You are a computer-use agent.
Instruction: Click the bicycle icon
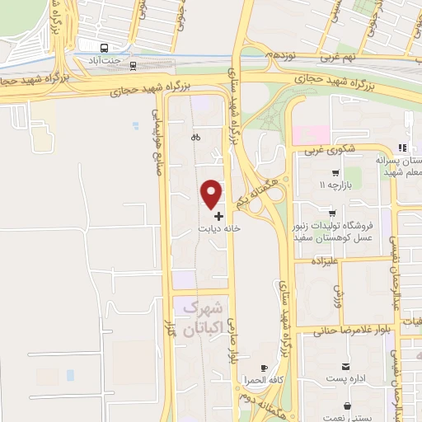click(x=195, y=138)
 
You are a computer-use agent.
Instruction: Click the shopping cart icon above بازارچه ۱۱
click(x=335, y=173)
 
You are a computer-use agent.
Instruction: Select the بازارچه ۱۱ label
click(x=336, y=185)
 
